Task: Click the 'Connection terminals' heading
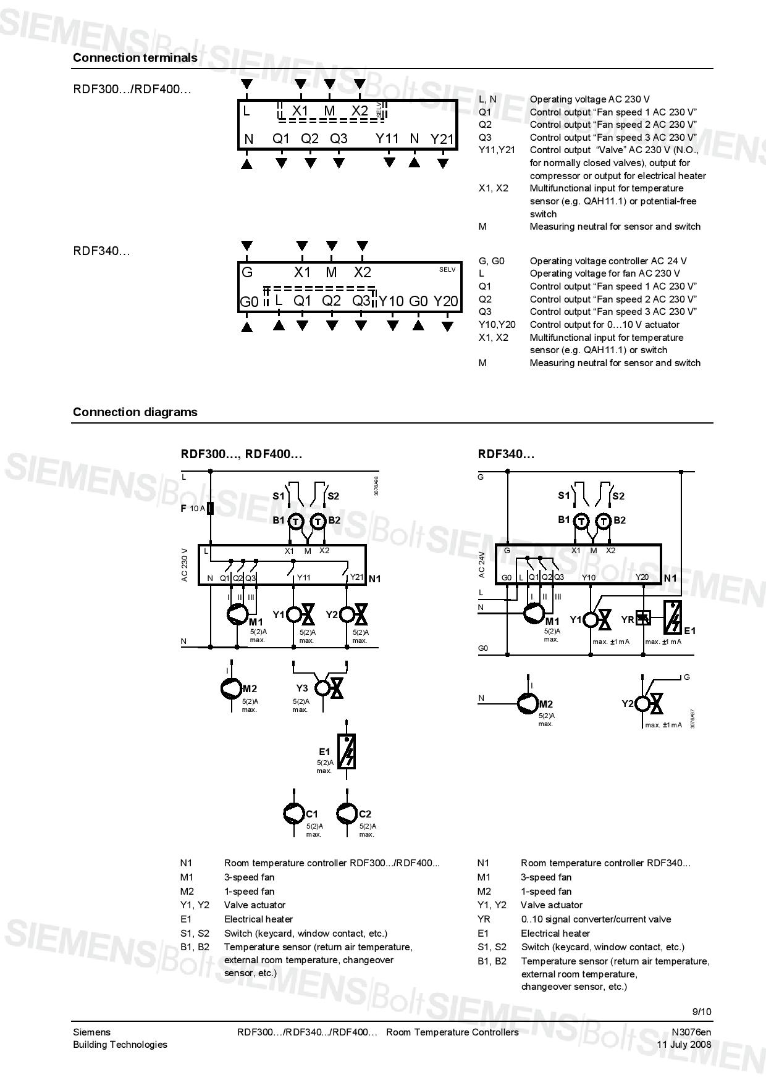[x=135, y=57]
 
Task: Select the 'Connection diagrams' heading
[x=135, y=412]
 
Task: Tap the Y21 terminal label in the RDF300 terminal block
[x=442, y=139]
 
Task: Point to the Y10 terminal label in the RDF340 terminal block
[x=390, y=301]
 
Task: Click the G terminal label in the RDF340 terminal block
[x=247, y=272]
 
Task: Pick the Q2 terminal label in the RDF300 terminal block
[x=309, y=139]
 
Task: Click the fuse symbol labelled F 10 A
[x=211, y=508]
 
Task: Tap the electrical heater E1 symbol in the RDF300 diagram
[x=347, y=751]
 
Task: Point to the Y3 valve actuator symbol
[x=329, y=688]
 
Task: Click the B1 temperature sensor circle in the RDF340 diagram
[x=581, y=521]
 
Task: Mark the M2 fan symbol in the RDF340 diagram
[x=528, y=703]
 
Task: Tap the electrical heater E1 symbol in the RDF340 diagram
[x=673, y=617]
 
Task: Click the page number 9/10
[x=701, y=1011]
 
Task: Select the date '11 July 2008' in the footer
[x=684, y=1044]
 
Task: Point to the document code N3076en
[x=691, y=1032]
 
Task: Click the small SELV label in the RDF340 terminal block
[x=447, y=269]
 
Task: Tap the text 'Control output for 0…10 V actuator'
[x=605, y=324]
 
